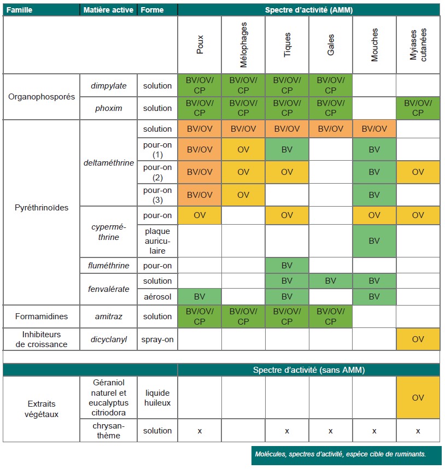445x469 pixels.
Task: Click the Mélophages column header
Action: (243, 45)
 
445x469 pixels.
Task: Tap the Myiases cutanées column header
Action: (418, 45)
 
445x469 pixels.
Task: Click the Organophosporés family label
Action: (41, 97)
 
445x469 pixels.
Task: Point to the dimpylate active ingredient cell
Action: (109, 85)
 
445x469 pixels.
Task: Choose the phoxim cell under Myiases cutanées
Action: (418, 108)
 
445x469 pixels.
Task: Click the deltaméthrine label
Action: (109, 163)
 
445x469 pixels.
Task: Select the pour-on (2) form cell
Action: (157, 172)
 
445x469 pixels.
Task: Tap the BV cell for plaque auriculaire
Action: (374, 241)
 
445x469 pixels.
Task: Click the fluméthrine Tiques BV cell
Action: (287, 265)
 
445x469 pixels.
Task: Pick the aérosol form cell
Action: (157, 297)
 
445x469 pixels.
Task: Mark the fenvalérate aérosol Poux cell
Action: (200, 297)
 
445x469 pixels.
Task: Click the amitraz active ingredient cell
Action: (109, 316)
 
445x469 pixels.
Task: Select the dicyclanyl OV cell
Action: (418, 339)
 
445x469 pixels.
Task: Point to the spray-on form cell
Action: (157, 339)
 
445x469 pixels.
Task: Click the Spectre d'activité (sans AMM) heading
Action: (309, 370)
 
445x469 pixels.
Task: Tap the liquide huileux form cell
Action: (157, 397)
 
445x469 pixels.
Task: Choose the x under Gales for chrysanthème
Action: (330, 431)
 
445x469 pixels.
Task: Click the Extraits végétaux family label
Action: (41, 409)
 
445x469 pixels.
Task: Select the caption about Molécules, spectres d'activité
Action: (341, 454)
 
